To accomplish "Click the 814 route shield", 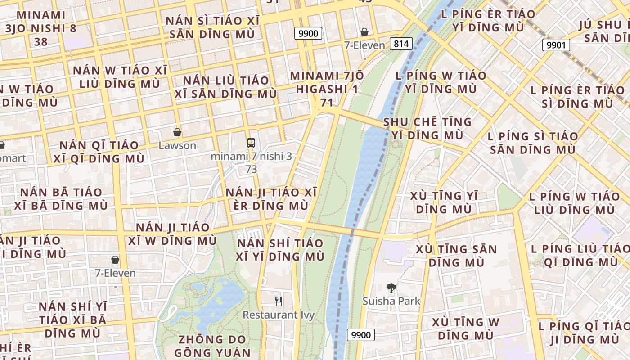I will tap(400, 44).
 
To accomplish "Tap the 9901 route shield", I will tap(556, 45).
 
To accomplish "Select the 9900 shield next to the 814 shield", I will tap(308, 33).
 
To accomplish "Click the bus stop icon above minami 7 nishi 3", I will tap(251, 144).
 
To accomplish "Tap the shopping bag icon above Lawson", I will tap(177, 133).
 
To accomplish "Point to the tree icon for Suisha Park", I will tap(391, 288).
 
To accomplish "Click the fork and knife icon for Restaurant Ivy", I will tap(279, 301).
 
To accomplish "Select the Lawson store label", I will tap(177, 146).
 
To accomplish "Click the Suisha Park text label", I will tap(391, 301).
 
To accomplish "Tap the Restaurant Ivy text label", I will tap(279, 315).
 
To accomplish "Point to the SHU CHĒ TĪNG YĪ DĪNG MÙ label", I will tap(427, 128).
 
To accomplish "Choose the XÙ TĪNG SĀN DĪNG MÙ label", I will tap(456, 256).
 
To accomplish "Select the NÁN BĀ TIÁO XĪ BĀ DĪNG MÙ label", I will tap(61, 199).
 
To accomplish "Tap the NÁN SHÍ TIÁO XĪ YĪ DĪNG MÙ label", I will tap(280, 250).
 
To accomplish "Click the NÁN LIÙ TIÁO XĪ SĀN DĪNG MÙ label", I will tap(225, 87).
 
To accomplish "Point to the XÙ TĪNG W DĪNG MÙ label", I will tap(465, 328).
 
